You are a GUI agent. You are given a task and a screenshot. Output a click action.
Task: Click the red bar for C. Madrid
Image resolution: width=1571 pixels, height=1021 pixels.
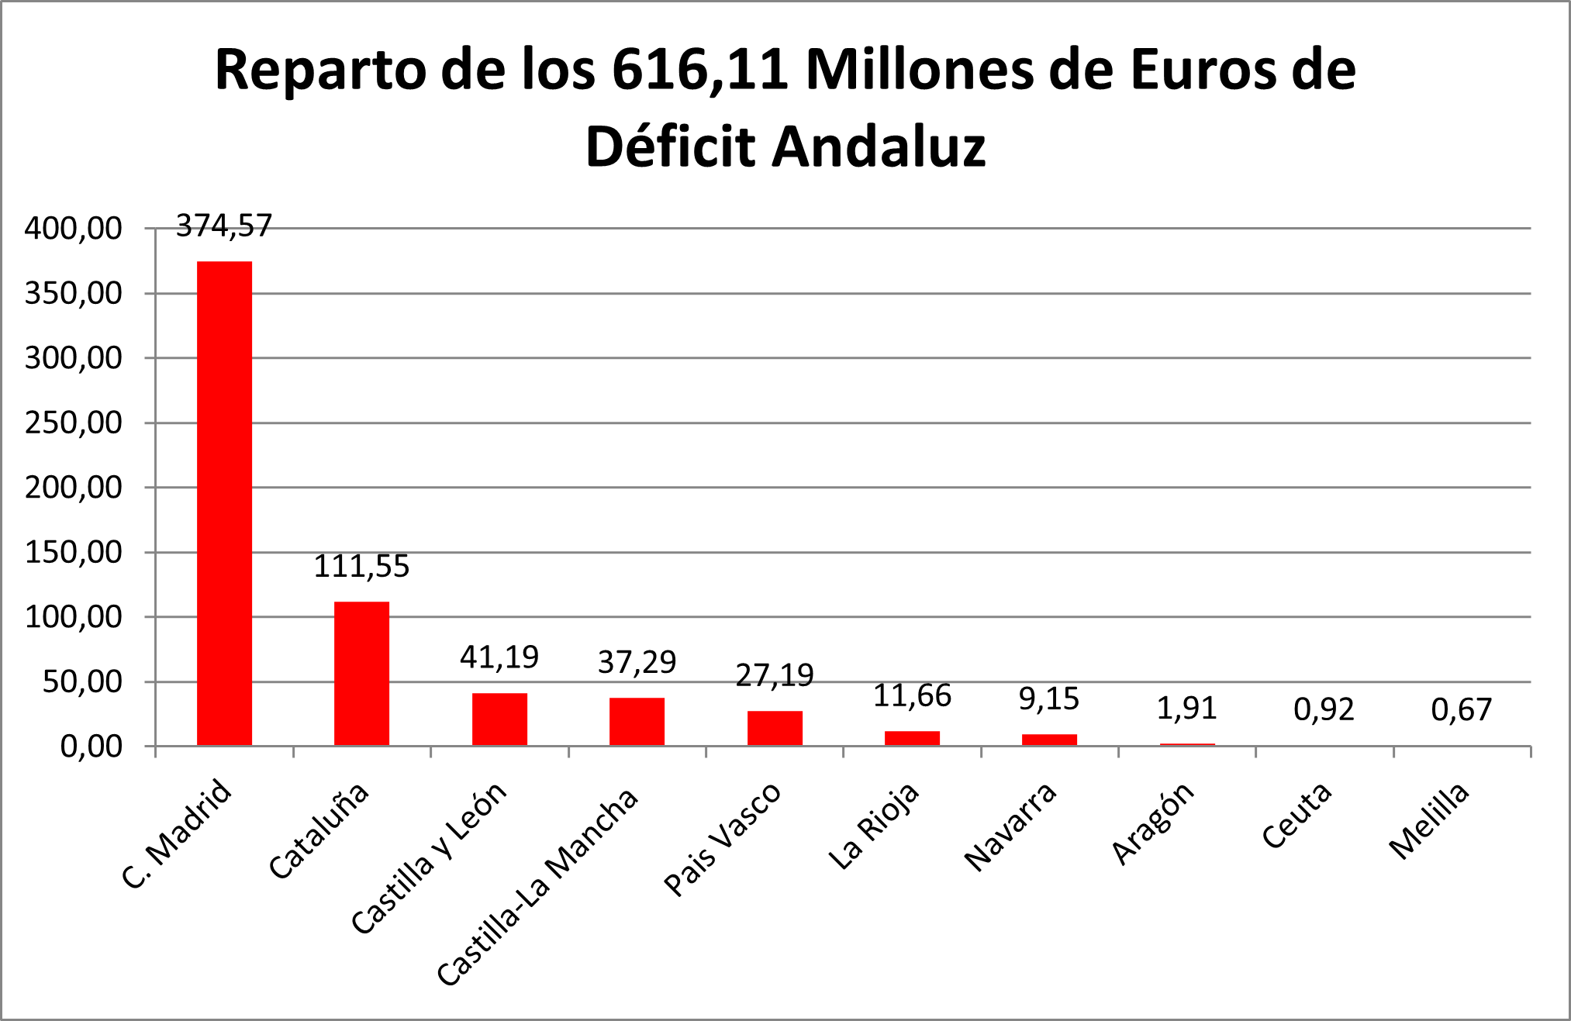click(224, 504)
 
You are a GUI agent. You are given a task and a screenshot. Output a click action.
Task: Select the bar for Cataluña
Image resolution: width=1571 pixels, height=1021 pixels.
click(361, 674)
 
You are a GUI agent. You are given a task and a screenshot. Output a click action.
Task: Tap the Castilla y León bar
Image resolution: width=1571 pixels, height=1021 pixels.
click(499, 719)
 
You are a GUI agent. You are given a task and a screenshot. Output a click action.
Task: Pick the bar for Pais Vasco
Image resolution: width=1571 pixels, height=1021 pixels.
click(775, 729)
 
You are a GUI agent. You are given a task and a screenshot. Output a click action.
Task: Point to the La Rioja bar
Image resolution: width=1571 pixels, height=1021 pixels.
click(912, 738)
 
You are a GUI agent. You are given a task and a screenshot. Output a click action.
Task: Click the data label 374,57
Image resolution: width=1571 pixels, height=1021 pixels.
click(224, 226)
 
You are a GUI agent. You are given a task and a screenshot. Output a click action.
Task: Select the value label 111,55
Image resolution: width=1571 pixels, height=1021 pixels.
click(361, 567)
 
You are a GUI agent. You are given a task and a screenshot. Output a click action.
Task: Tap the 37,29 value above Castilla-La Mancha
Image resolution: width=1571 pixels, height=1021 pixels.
click(637, 662)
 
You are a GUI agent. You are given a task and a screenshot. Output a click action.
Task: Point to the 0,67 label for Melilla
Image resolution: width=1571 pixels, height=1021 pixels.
click(1461, 709)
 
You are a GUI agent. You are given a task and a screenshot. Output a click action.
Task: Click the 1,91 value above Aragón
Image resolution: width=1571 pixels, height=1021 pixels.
click(1186, 708)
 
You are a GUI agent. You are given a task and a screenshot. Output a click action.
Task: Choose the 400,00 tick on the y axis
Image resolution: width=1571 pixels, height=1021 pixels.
click(74, 229)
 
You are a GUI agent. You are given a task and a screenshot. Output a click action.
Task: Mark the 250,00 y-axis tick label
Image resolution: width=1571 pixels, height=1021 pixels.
click(74, 423)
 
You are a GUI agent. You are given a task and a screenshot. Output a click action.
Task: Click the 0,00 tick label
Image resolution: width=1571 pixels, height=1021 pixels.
click(91, 747)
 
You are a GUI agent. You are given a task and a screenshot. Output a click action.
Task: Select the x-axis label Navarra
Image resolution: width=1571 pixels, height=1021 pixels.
click(1010, 826)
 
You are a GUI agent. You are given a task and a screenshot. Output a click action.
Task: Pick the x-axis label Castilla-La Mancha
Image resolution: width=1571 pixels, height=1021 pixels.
click(538, 887)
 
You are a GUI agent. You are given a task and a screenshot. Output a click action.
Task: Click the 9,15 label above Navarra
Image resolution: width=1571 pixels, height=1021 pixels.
click(1048, 699)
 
